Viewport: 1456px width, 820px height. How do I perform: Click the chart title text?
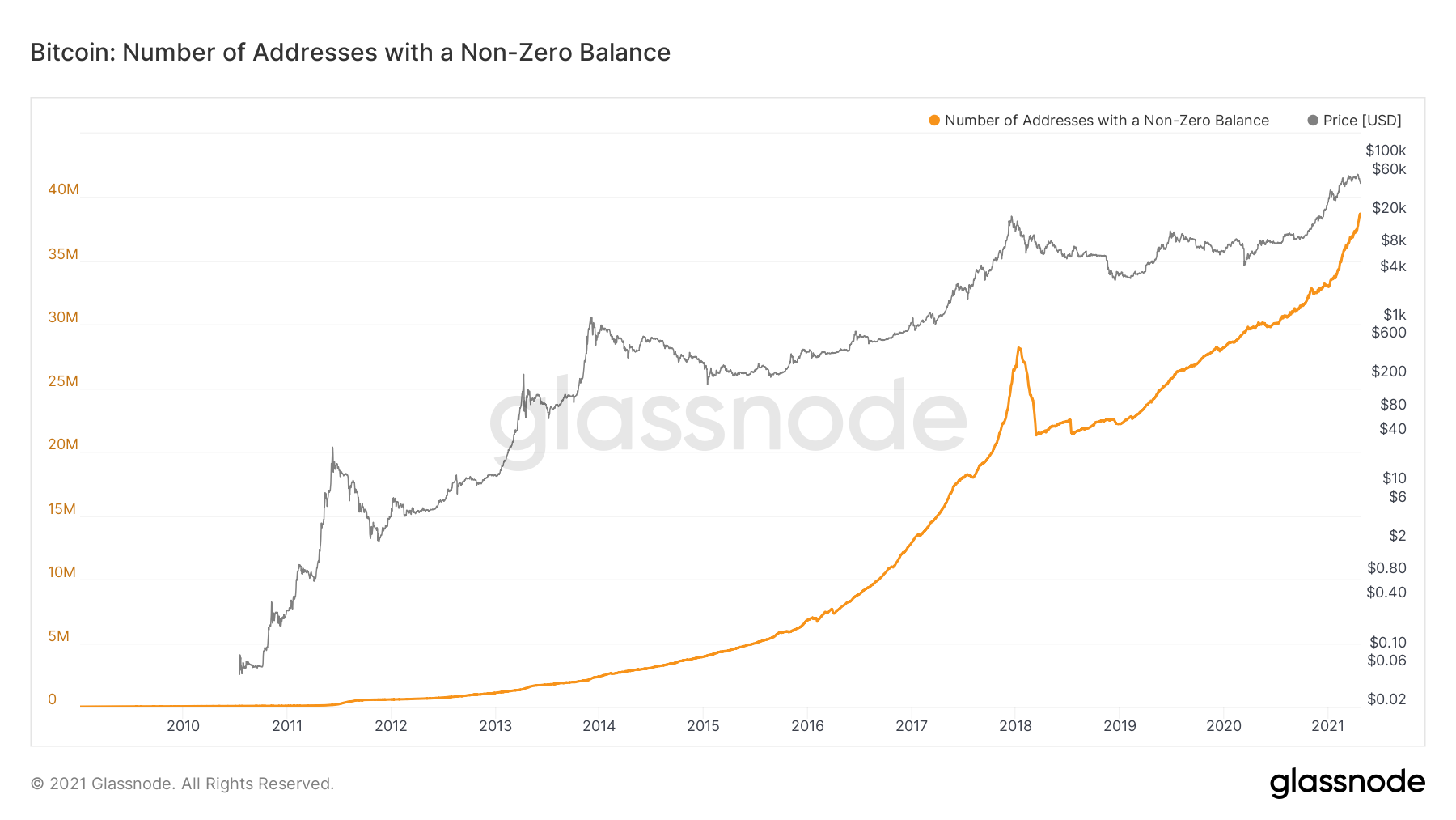click(350, 53)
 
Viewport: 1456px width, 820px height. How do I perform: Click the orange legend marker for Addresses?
click(934, 121)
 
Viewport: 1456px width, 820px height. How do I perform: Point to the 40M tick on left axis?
click(63, 189)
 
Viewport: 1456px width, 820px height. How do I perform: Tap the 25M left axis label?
click(63, 381)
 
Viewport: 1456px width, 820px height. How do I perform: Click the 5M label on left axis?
click(58, 636)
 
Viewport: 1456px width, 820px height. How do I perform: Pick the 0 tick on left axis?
click(53, 699)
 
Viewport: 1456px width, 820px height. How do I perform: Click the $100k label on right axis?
click(1385, 151)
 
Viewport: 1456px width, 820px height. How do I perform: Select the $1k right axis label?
click(1394, 315)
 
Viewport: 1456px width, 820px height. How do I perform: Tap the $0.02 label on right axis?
click(1386, 699)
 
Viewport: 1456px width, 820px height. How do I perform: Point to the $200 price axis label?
click(1388, 372)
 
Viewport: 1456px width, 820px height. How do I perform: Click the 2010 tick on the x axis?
click(183, 726)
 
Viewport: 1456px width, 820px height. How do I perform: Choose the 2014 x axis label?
click(599, 726)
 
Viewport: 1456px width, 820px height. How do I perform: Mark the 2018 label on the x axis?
click(1015, 726)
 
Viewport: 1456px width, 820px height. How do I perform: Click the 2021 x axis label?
click(1327, 726)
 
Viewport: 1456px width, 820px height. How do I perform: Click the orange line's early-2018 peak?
click(1018, 348)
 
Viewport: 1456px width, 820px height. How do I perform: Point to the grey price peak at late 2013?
click(591, 318)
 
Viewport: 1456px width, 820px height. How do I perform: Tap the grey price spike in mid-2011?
click(332, 448)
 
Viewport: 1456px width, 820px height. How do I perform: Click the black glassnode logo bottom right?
click(1347, 783)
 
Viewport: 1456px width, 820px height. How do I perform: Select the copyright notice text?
click(182, 784)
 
